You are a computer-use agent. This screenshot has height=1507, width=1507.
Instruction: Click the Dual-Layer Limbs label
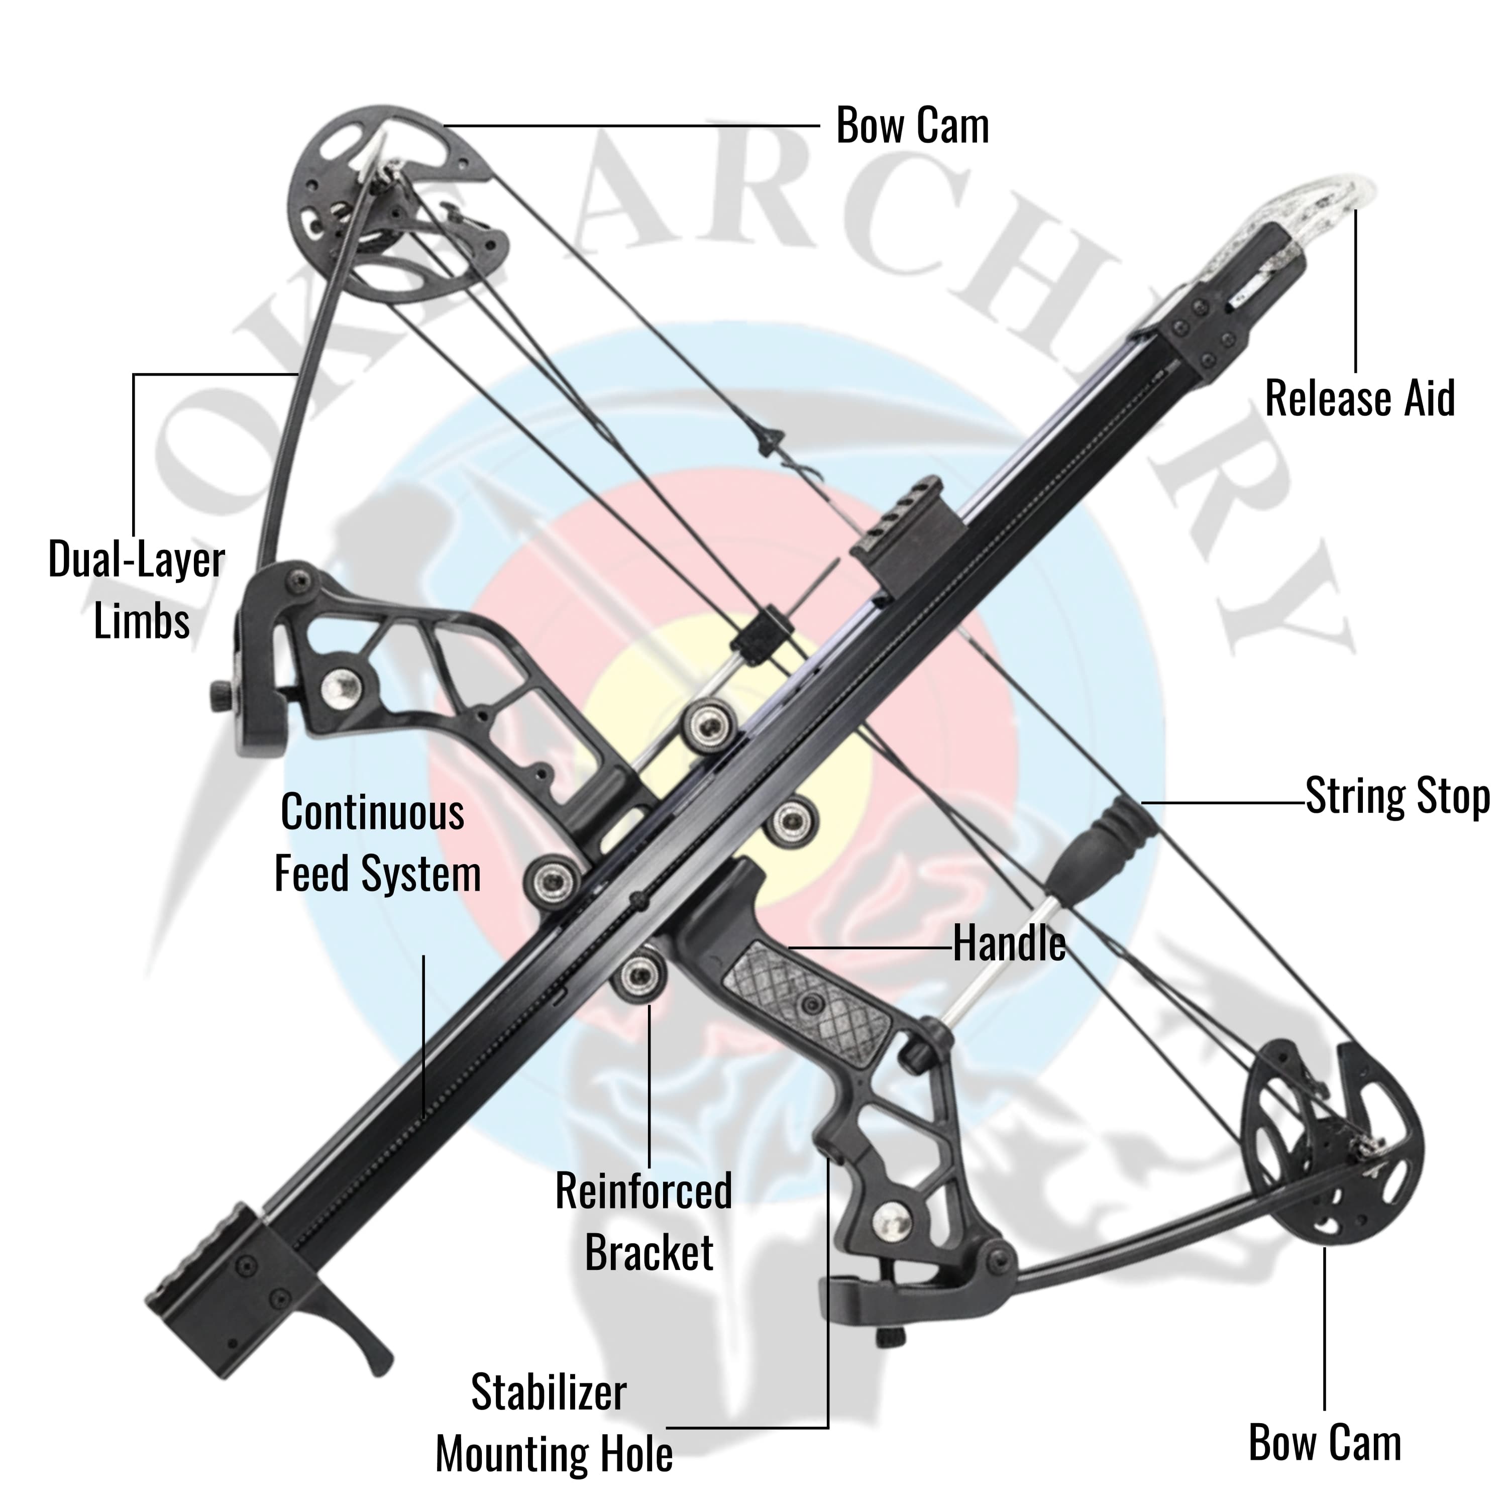[137, 590]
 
